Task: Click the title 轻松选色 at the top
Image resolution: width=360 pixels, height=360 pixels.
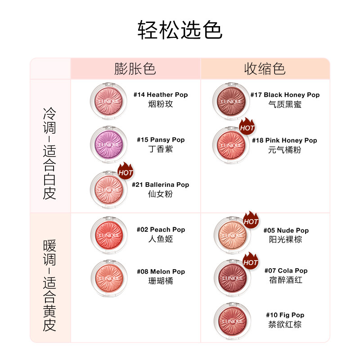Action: [x=180, y=30]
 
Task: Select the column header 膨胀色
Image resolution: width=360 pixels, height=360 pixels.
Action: [x=135, y=69]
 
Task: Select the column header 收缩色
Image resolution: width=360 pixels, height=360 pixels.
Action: [x=265, y=69]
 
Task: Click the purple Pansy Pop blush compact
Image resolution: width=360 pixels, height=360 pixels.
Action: [x=108, y=144]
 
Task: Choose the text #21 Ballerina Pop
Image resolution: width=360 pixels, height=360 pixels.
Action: [x=160, y=184]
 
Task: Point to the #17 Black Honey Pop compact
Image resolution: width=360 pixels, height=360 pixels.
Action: [x=231, y=101]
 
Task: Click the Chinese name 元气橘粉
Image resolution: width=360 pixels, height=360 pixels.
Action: [x=284, y=150]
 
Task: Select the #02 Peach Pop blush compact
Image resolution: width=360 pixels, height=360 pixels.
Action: [x=108, y=234]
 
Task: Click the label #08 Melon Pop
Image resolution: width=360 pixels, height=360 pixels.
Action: [x=161, y=271]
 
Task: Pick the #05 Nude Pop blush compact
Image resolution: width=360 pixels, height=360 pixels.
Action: [x=232, y=235]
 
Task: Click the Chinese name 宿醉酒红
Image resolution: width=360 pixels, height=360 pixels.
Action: [x=286, y=280]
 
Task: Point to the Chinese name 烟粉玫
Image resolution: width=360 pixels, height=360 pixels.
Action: [x=161, y=104]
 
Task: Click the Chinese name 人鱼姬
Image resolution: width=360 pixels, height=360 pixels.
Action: [x=161, y=239]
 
